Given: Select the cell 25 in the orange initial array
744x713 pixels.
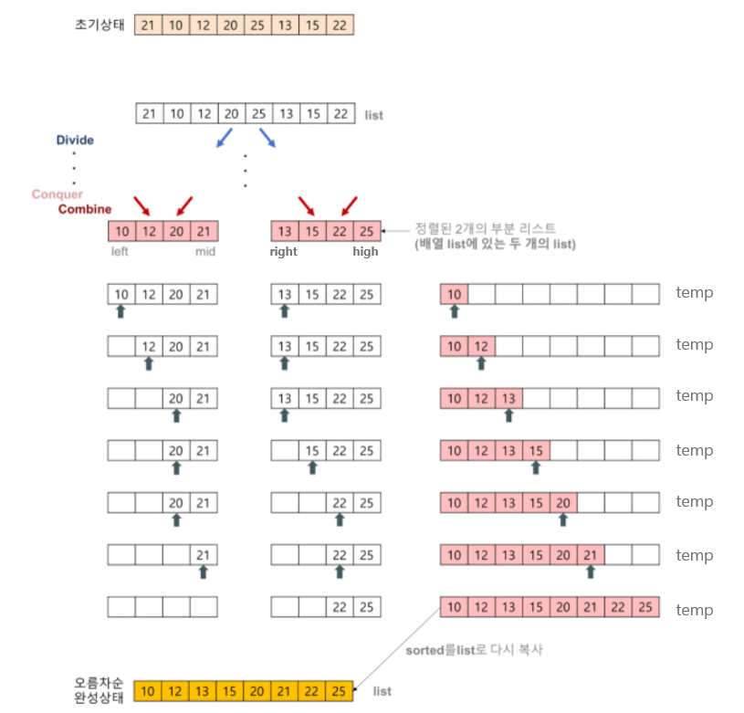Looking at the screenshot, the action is tap(257, 25).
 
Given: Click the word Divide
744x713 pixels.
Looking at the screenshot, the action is tap(75, 141).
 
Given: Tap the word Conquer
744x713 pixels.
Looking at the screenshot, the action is tap(57, 194).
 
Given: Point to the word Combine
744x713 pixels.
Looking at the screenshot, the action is tap(85, 209).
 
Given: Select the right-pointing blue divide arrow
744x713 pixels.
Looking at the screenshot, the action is tap(267, 138).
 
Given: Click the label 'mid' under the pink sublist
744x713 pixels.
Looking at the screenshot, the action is tap(205, 252).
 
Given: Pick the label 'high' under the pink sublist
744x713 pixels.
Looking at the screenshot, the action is tap(365, 252).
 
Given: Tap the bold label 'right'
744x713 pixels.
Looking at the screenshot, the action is tap(283, 252).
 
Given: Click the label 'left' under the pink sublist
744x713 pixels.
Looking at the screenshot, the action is tap(120, 252).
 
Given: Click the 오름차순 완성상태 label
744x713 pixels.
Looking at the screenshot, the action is tap(99, 690).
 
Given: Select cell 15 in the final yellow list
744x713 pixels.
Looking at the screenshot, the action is tap(230, 691).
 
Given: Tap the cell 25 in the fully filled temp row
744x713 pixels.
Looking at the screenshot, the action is tap(645, 607).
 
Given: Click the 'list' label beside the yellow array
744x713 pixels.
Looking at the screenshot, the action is tap(382, 691).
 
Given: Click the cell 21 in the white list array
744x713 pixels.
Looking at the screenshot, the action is tap(149, 114).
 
